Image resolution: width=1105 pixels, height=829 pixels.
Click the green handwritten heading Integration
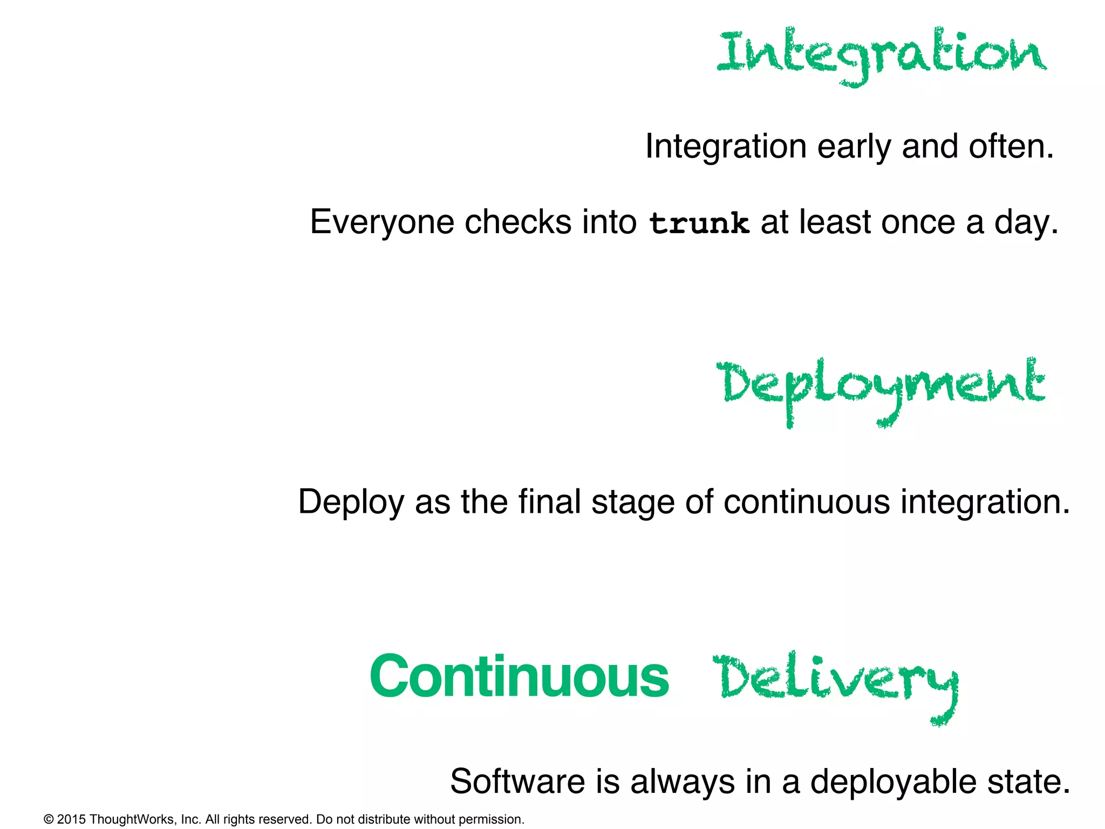(881, 54)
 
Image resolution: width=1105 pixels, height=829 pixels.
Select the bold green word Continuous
(519, 677)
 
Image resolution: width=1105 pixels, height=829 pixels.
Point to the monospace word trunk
(699, 223)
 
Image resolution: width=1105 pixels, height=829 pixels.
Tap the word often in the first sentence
(1011, 146)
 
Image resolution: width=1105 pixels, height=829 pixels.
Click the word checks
(517, 222)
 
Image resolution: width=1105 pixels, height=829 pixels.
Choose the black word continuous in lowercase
(806, 502)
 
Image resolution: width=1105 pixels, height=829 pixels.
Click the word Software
(517, 782)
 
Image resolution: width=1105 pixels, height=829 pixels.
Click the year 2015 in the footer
(71, 819)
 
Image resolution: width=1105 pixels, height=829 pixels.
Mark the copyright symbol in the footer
(49, 819)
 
